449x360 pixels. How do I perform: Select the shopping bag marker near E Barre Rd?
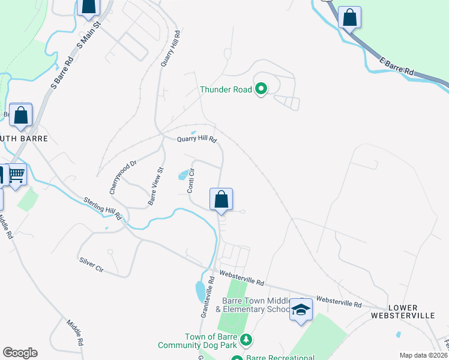(349, 17)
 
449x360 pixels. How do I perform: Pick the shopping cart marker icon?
(17, 175)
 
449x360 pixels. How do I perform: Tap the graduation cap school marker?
(301, 310)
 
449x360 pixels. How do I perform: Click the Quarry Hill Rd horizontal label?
(196, 139)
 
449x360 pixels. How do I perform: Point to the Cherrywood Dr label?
(123, 176)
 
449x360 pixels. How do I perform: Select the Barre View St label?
(156, 186)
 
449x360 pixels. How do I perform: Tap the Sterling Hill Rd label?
(103, 208)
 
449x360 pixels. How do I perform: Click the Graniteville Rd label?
(207, 297)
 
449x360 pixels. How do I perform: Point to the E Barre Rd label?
(397, 65)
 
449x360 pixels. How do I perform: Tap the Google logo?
(20, 353)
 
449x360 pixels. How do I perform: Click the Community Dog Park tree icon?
(246, 341)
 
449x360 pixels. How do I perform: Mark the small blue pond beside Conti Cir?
(182, 175)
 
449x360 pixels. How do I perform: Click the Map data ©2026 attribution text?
(423, 355)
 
